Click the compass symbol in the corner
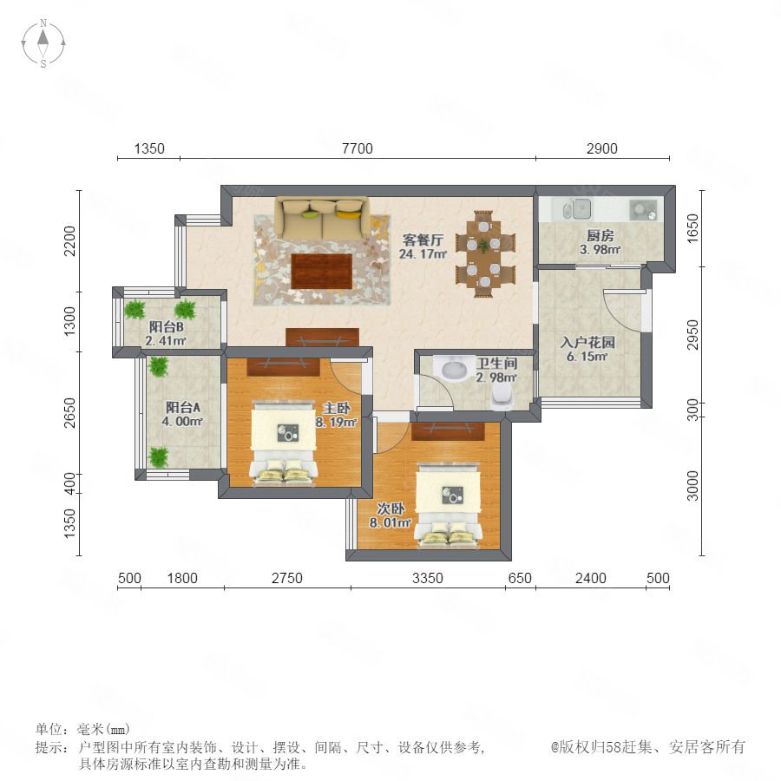pyautogui.click(x=43, y=43)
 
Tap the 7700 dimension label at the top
pyautogui.click(x=358, y=148)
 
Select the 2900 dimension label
pyautogui.click(x=601, y=148)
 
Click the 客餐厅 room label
pyautogui.click(x=423, y=240)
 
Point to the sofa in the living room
pyautogui.click(x=323, y=217)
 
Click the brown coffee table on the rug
pyautogui.click(x=322, y=272)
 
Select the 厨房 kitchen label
pyautogui.click(x=601, y=235)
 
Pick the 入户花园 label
pyautogui.click(x=587, y=342)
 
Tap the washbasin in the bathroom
pyautogui.click(x=454, y=368)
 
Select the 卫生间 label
pyautogui.click(x=497, y=364)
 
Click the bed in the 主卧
pyautogui.click(x=284, y=446)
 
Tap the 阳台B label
pyautogui.click(x=167, y=327)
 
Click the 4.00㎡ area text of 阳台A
pyautogui.click(x=182, y=422)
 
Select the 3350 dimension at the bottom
pyautogui.click(x=428, y=578)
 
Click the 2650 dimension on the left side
pyautogui.click(x=69, y=412)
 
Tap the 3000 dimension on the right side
pyautogui.click(x=692, y=486)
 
